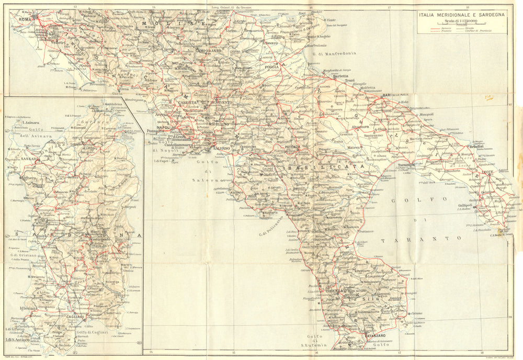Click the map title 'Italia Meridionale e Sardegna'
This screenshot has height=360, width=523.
[x=461, y=15]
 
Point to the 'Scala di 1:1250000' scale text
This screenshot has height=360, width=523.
[x=461, y=21]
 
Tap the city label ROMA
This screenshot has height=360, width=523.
[x=26, y=19]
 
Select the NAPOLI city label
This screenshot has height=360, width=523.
[x=164, y=127]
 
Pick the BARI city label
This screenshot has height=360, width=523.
[x=388, y=95]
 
